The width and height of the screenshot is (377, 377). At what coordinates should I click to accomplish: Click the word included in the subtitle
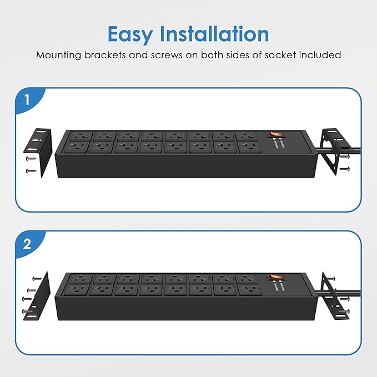pos(318,55)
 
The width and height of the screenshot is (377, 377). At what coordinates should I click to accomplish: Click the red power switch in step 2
pos(273,277)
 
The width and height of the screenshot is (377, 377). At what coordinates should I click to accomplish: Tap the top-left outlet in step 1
pos(78,135)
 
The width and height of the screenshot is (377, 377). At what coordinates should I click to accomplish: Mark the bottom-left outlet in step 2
pos(78,289)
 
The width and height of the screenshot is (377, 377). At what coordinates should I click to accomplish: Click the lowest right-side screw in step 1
pos(345,168)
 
